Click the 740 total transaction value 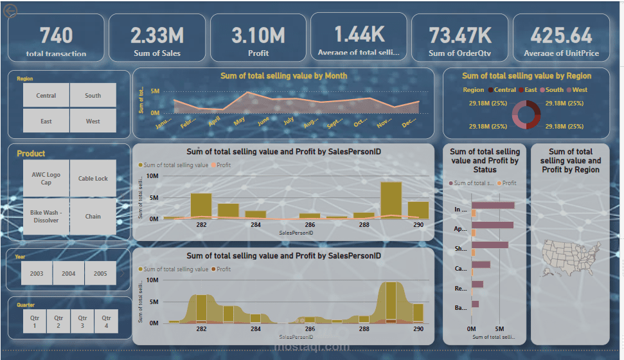click(x=56, y=35)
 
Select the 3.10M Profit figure click(x=258, y=35)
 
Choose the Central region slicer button click(x=46, y=95)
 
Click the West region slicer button click(x=93, y=121)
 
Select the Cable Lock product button click(x=93, y=179)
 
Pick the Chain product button click(x=93, y=217)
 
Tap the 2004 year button click(x=69, y=273)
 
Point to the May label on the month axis click(x=239, y=121)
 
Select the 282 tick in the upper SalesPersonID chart click(x=202, y=225)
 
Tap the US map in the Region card click(x=571, y=252)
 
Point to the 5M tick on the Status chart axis click(x=499, y=328)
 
